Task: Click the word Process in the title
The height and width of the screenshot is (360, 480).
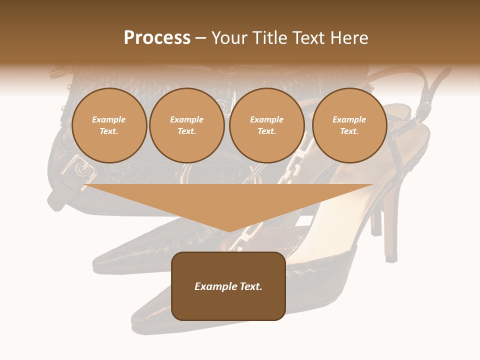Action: point(157,38)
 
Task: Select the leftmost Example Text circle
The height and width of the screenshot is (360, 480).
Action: point(109,125)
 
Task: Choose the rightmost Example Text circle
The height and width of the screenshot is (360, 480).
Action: point(349,125)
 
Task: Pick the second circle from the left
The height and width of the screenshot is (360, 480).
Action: point(186,125)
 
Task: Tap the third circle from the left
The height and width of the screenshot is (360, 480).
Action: point(266,125)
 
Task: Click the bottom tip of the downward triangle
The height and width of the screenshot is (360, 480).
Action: point(229,231)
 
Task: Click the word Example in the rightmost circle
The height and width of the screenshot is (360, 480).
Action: point(349,119)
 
